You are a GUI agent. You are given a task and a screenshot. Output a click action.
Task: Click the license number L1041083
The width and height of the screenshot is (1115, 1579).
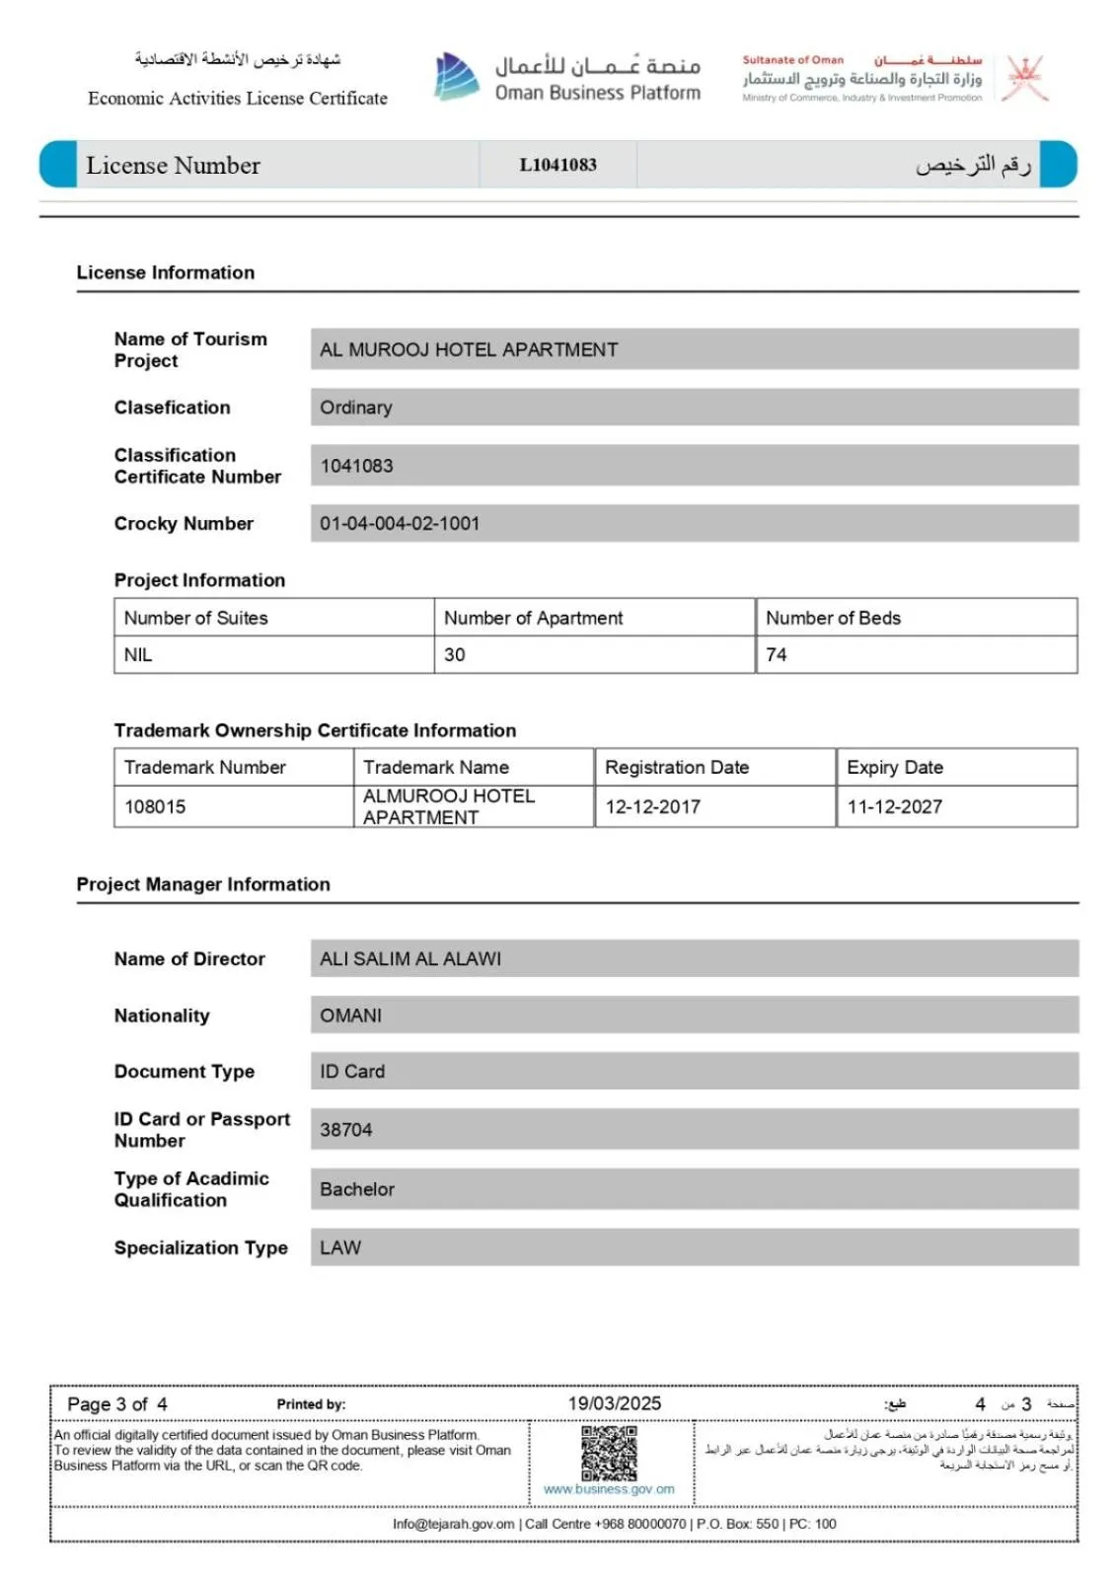557,165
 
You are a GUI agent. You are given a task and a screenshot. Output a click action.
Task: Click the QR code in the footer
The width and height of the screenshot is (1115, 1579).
609,1452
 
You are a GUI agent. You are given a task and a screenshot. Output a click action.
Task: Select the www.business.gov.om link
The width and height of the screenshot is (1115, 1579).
609,1489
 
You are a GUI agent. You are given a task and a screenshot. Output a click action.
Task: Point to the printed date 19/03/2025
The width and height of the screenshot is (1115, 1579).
614,1403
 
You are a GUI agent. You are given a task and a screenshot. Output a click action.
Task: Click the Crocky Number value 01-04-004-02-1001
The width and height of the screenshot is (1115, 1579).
400,523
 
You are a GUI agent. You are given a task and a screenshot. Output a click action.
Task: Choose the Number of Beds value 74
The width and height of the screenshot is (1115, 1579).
777,654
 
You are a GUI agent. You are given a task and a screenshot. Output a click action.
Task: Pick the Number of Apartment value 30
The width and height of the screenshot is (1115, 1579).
454,654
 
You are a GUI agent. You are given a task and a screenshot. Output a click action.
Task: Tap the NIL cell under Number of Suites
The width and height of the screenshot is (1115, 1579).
138,654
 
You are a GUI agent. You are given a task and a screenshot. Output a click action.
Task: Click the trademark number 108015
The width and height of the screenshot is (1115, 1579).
155,806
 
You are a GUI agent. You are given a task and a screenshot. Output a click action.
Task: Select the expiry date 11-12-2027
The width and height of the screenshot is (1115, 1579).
894,806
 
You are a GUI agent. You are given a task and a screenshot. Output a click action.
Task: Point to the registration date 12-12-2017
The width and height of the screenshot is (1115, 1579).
652,806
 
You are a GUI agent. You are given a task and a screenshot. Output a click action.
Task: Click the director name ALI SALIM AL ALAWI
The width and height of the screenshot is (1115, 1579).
410,958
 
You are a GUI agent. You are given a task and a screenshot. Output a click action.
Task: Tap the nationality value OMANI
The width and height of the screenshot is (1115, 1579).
350,1015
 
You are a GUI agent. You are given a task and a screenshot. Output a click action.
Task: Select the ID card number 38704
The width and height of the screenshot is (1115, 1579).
346,1130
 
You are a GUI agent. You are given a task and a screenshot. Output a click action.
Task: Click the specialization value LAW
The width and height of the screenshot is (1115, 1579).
340,1247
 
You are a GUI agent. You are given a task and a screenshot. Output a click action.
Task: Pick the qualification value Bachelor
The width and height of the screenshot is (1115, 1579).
357,1189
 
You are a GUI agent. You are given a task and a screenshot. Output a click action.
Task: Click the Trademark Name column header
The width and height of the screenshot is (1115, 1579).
436,767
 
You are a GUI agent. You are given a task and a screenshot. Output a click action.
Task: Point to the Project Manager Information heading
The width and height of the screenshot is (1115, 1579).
203,884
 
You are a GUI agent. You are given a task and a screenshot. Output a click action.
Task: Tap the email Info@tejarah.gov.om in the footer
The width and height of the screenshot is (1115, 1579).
454,1524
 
